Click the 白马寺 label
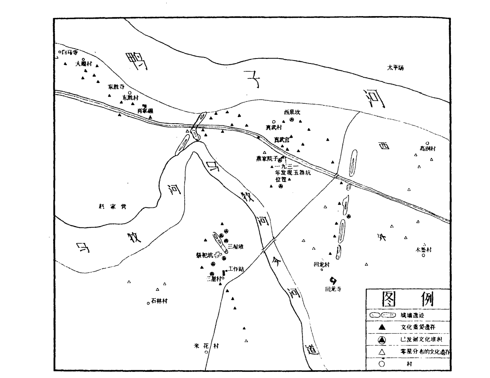click(x=70, y=52)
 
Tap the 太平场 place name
click(x=395, y=68)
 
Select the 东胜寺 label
click(x=116, y=86)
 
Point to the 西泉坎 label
click(x=292, y=112)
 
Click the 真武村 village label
click(x=274, y=127)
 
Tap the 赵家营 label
click(x=113, y=207)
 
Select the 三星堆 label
click(x=235, y=247)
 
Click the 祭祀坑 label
click(x=204, y=254)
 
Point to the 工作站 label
click(x=236, y=269)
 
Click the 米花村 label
click(x=206, y=346)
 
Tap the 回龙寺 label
click(x=333, y=289)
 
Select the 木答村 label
click(x=423, y=249)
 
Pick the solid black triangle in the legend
click(x=382, y=327)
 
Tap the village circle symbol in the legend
click(x=382, y=364)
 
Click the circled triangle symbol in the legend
click(x=382, y=340)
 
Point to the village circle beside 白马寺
click(x=59, y=52)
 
